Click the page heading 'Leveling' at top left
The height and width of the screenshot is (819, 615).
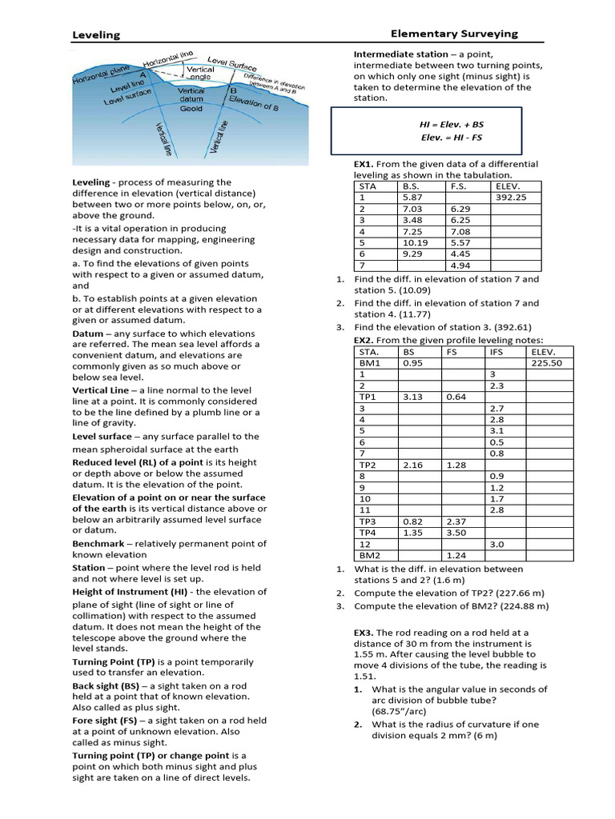coord(96,35)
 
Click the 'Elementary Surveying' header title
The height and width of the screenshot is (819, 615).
coord(454,34)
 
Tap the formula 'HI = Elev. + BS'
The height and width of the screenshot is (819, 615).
coord(452,125)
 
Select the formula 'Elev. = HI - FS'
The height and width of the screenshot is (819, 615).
coord(452,138)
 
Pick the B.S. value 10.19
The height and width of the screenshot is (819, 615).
coord(415,242)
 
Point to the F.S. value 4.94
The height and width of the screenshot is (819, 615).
coord(460,266)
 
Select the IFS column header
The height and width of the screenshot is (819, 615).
coord(497,351)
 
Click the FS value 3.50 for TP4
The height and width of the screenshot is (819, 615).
coord(456,532)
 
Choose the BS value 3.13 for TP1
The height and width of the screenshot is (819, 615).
coord(412,397)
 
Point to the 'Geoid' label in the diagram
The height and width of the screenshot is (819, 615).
coord(191,108)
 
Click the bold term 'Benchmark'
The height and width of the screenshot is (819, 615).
coord(102,544)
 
